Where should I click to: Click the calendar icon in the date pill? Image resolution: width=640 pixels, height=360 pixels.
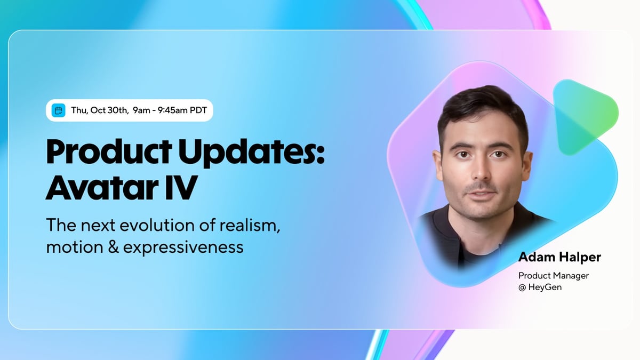59,111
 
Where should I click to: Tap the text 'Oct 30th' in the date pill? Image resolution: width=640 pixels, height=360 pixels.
109,111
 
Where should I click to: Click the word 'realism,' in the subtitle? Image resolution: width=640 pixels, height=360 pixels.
253,225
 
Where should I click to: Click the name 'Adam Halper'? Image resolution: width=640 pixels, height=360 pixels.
559,257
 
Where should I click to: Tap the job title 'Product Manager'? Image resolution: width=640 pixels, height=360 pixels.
553,276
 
